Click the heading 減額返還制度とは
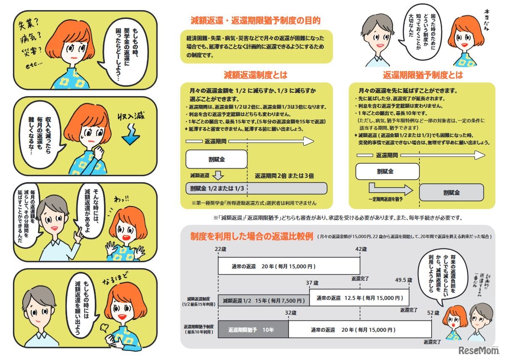256,76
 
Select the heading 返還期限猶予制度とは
423,76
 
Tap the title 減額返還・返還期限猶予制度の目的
255,21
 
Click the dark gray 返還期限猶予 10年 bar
253,330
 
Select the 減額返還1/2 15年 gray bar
263,300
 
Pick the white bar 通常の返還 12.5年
359,298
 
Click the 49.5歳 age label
403,280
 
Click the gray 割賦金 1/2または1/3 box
256,188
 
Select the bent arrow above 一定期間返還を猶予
385,187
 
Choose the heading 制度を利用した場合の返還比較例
251,236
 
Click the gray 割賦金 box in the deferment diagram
451,193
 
